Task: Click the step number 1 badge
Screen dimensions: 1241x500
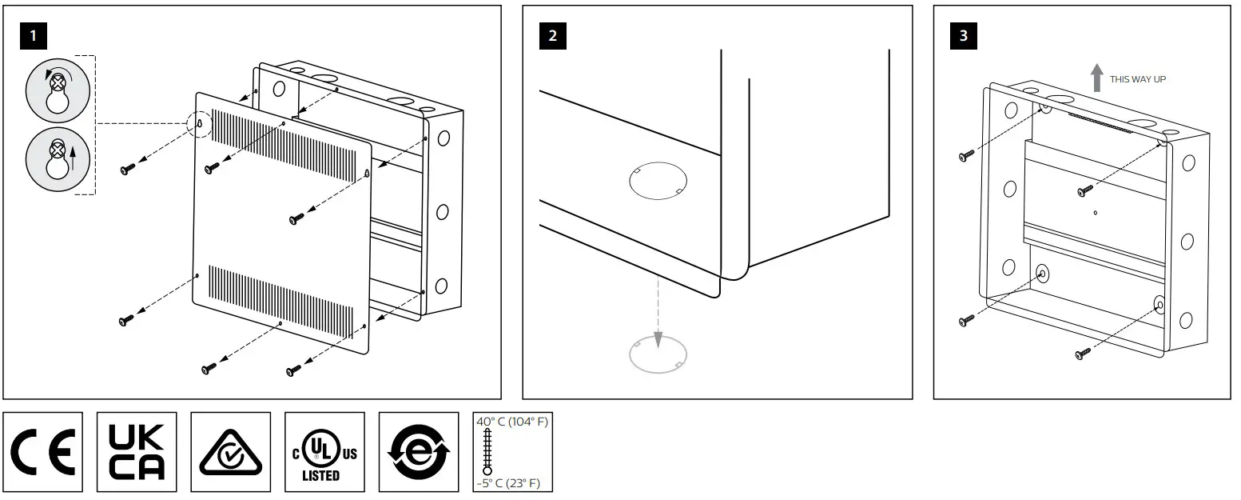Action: pos(32,36)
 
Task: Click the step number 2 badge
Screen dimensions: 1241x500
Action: pos(553,36)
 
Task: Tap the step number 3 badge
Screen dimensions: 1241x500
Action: pos(963,36)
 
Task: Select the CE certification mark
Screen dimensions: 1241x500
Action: pos(43,452)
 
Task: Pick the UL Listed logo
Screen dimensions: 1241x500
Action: pos(324,453)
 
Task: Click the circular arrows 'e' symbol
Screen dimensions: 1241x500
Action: pos(418,453)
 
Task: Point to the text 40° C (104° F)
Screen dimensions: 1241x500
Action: pos(512,422)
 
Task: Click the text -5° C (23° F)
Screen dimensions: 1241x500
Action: pos(512,483)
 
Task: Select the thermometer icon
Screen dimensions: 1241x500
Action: pos(487,453)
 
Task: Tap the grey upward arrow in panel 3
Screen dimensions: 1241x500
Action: pos(1096,78)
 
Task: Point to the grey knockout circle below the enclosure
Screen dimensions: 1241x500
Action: pos(658,354)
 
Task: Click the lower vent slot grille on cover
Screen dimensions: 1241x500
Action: pos(280,300)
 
